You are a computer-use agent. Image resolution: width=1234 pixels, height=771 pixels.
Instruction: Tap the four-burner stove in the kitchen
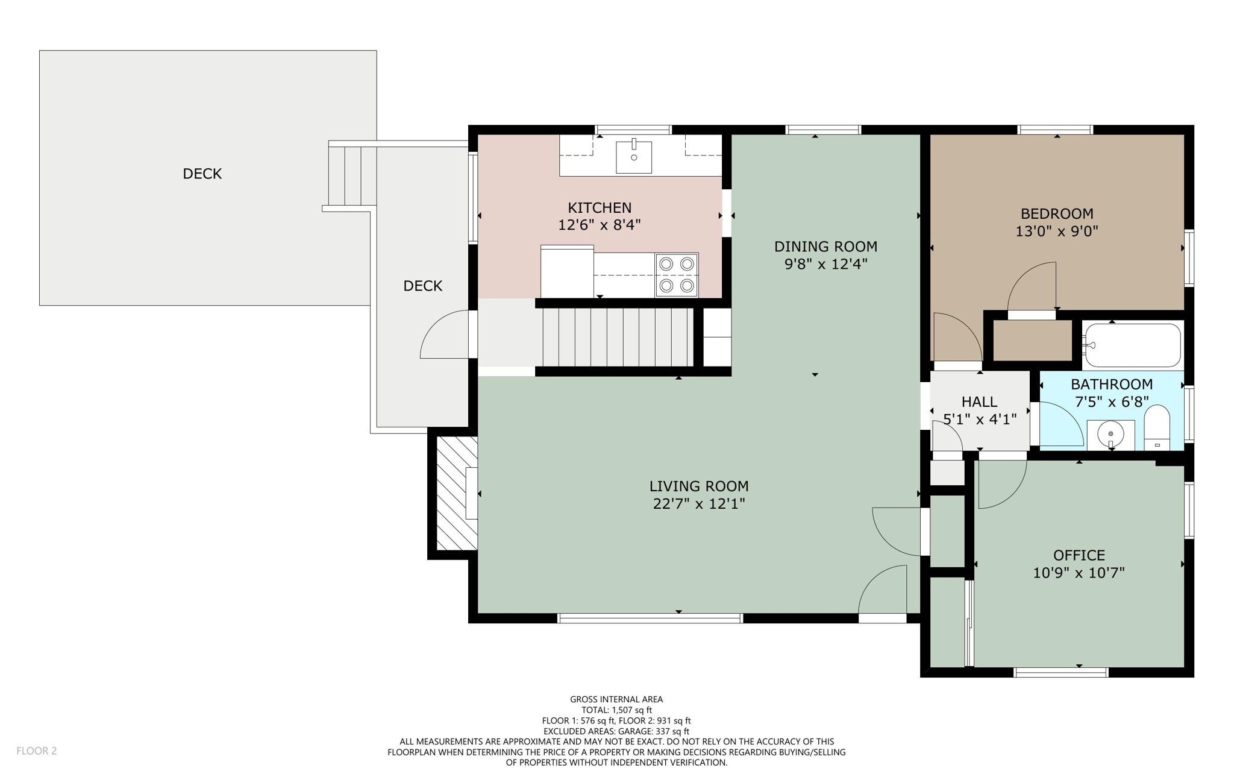click(x=677, y=275)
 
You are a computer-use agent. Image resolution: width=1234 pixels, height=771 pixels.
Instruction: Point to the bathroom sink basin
click(x=1110, y=433)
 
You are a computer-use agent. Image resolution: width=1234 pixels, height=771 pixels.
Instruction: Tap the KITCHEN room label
click(x=600, y=208)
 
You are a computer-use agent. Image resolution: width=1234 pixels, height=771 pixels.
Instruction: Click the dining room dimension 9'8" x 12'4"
click(x=825, y=264)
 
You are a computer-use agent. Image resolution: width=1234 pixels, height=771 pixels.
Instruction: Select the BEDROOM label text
click(x=1057, y=214)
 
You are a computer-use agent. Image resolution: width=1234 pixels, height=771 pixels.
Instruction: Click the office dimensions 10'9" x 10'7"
click(x=1079, y=573)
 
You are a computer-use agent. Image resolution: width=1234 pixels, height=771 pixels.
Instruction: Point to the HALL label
click(x=979, y=401)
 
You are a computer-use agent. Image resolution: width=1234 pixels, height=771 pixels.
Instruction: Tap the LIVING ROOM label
click(x=699, y=486)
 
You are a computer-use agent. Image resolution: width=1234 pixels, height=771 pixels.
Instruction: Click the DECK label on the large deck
click(x=202, y=174)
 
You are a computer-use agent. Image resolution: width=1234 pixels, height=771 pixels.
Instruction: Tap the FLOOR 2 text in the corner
click(x=37, y=751)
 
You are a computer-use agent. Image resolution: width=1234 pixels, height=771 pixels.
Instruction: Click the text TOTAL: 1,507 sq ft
click(x=616, y=710)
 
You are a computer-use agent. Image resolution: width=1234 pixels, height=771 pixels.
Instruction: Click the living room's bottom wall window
click(x=650, y=618)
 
